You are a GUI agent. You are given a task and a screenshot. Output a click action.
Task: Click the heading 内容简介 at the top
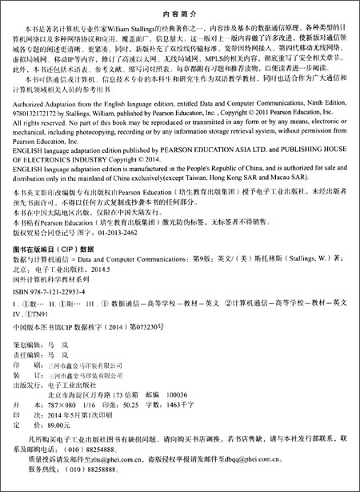(179, 14)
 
